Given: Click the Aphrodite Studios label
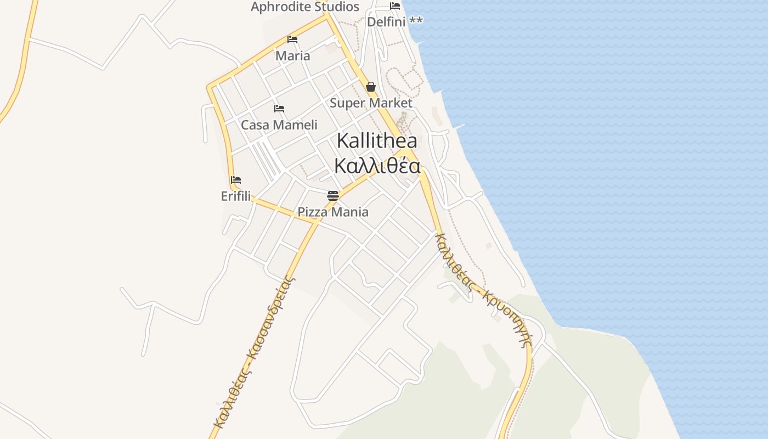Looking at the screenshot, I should [x=304, y=7].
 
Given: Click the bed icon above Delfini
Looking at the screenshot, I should [x=395, y=6].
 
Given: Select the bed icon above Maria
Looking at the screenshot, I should [x=292, y=40].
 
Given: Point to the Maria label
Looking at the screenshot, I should [x=292, y=55].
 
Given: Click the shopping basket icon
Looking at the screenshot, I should [x=371, y=87].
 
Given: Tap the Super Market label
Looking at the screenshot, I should [x=371, y=103].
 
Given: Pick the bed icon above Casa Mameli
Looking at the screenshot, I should [x=279, y=109].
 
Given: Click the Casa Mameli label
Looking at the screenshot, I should [x=279, y=125].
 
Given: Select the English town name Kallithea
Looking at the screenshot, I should [x=377, y=140].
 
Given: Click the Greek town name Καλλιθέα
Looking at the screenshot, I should [x=377, y=165].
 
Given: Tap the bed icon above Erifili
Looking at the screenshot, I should [x=236, y=180].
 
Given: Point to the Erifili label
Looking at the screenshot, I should [x=236, y=196].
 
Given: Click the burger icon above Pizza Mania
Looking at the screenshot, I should [x=332, y=195].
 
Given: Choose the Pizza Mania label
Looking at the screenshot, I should [x=333, y=212].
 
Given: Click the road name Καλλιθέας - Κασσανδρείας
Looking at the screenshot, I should [x=253, y=351].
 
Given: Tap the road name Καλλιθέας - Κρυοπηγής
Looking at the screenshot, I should [x=483, y=290].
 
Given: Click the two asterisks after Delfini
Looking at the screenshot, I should [x=416, y=21].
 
